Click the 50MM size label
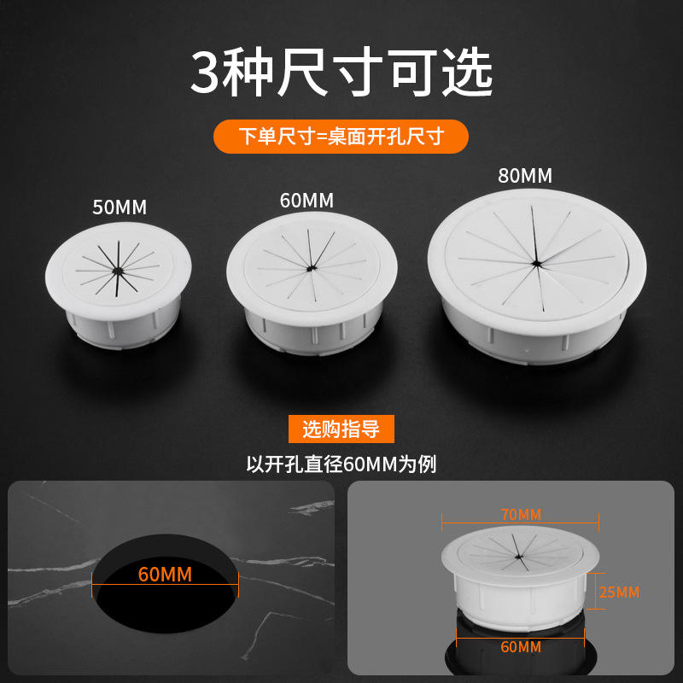[x=120, y=207]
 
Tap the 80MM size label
[x=525, y=176]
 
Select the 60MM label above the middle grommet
[x=306, y=201]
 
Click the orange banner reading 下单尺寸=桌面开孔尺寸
[x=341, y=137]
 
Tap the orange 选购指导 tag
[x=341, y=429]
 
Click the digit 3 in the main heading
[x=204, y=73]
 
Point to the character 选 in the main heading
[x=467, y=73]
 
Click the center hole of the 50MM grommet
[x=117, y=271]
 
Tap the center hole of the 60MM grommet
[x=310, y=269]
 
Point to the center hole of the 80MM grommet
[x=536, y=263]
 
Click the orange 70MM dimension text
[x=521, y=515]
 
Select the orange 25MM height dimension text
[x=619, y=593]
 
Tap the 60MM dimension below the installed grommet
[x=521, y=647]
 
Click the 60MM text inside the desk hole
[x=165, y=575]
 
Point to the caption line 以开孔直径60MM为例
[x=341, y=464]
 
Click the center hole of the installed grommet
[x=518, y=557]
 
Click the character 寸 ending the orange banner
[x=435, y=137]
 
